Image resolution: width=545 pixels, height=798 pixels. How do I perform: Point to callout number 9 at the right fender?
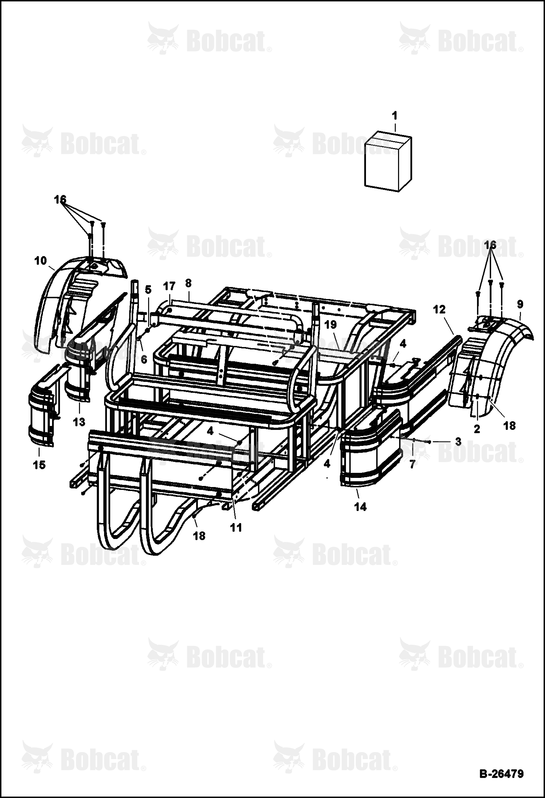pos(520,304)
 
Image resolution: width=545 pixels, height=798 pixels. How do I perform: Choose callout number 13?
pos(79,422)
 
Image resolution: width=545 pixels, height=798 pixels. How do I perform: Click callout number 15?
pos(39,464)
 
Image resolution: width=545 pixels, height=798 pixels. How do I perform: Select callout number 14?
pos(361,506)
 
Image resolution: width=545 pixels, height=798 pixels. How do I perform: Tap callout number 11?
pos(236,527)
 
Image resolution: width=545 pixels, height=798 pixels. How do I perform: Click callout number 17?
pos(170,286)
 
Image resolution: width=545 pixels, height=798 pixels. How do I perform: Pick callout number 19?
pos(331,324)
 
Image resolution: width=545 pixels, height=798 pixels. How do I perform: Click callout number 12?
pos(439,310)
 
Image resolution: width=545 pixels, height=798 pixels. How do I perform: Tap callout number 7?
pos(412,464)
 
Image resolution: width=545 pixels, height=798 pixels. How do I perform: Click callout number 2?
pos(477,429)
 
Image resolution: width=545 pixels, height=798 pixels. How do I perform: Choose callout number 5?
pos(147,290)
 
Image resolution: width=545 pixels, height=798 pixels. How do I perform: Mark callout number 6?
pos(144,359)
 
